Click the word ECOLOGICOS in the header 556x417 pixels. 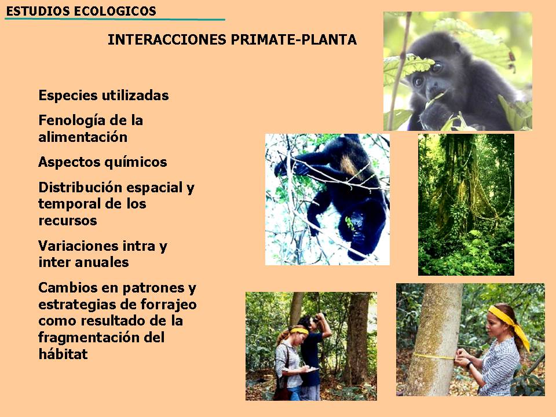pyautogui.click(x=115, y=11)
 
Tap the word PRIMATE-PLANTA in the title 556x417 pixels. pyautogui.click(x=294, y=40)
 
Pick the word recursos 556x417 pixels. pyautogui.click(x=68, y=221)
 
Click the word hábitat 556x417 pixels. pyautogui.click(x=63, y=353)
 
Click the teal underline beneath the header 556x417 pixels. pyautogui.click(x=115, y=19)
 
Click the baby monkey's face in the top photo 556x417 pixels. pyautogui.click(x=429, y=81)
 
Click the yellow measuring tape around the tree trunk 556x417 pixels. pyautogui.click(x=433, y=356)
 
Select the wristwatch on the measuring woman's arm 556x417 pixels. pyautogui.click(x=470, y=364)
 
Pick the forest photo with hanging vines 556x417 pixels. pyautogui.click(x=466, y=204)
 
